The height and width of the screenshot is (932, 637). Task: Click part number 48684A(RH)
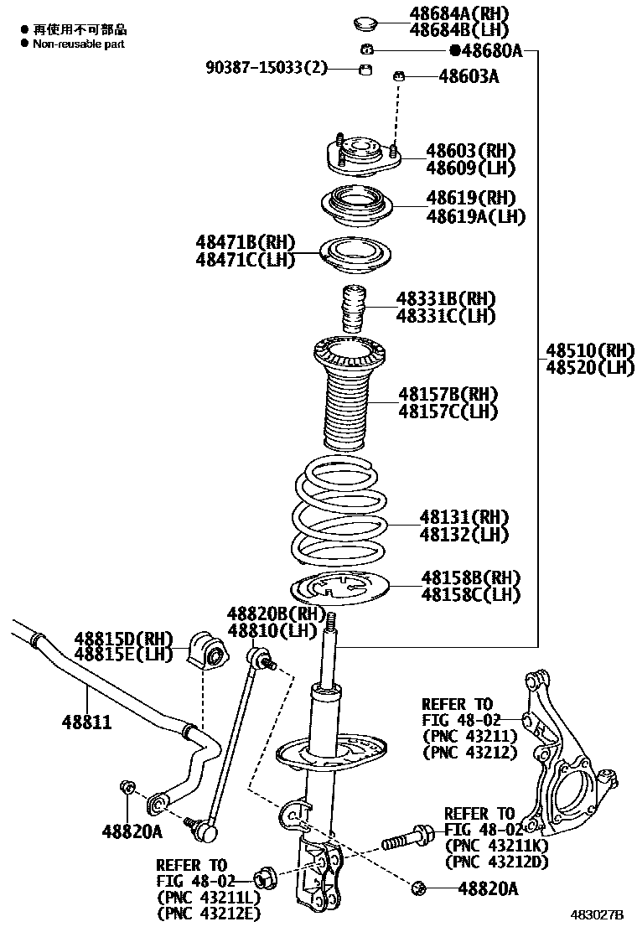458,13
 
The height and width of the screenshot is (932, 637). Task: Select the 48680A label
490,51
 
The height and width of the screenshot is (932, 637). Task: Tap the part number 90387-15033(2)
267,67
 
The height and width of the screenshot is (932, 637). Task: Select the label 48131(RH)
464,517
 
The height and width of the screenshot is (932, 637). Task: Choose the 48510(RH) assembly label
590,349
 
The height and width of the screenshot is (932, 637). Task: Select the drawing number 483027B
598,914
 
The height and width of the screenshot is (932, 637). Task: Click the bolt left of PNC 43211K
407,837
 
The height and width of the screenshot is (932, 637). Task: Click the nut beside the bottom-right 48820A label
421,887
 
